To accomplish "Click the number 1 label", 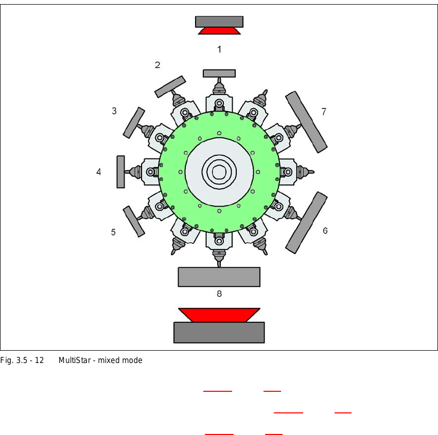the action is point(219,49).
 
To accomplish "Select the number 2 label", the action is point(157,65).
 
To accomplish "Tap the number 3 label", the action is point(114,111).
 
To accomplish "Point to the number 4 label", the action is point(99,172).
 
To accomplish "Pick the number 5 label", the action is point(113,232).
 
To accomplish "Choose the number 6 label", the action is point(325,231).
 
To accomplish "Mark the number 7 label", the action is point(324,112).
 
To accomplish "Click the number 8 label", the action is point(219,294).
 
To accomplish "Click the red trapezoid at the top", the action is point(219,31).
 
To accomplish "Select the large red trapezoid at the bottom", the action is point(219,315).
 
